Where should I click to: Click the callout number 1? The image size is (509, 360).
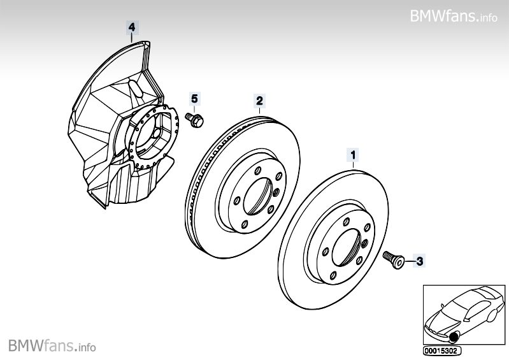[352, 154]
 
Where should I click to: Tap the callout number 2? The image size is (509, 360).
[259, 100]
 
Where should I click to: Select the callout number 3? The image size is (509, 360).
[419, 260]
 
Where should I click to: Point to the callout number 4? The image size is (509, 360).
[132, 27]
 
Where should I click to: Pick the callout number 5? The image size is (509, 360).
[194, 98]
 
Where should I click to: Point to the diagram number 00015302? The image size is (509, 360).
[441, 350]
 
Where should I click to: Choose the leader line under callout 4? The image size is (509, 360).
[132, 38]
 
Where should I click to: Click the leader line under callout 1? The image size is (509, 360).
[352, 164]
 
